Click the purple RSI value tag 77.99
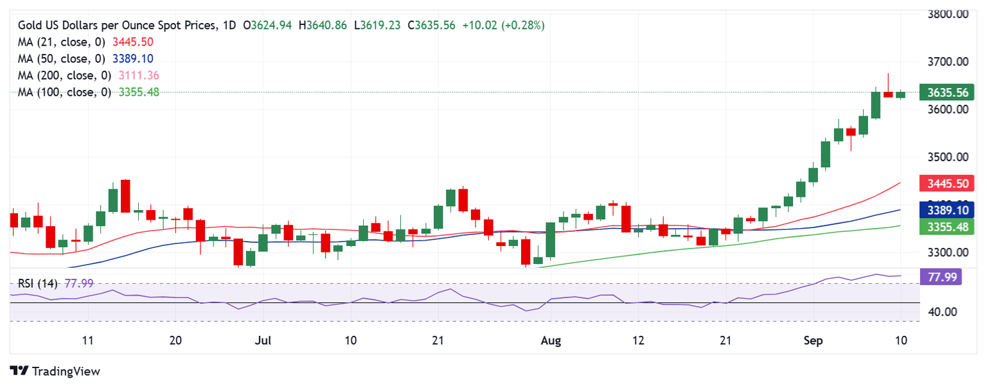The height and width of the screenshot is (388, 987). click(x=940, y=276)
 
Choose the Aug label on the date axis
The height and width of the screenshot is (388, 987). click(x=551, y=340)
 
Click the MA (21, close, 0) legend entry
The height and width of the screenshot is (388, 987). click(x=61, y=42)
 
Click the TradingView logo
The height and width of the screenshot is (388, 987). click(x=55, y=371)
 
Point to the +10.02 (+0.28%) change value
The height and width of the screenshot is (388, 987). click(x=503, y=25)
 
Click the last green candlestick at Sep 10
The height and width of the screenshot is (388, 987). click(x=900, y=94)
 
